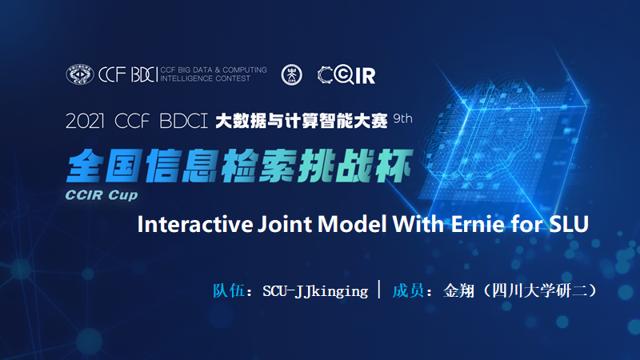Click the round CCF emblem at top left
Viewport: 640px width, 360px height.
pyautogui.click(x=80, y=74)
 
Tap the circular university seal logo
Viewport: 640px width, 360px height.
pyautogui.click(x=292, y=74)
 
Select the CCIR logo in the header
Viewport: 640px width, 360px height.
pyautogui.click(x=346, y=74)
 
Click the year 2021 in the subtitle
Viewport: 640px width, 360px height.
pyautogui.click(x=86, y=122)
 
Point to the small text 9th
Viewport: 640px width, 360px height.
pyautogui.click(x=403, y=119)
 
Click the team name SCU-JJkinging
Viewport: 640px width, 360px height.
pyautogui.click(x=315, y=290)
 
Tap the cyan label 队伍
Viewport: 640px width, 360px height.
pyautogui.click(x=226, y=290)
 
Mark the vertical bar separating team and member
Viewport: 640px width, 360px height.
pyautogui.click(x=378, y=289)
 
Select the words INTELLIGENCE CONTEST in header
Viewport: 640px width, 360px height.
pyautogui.click(x=205, y=78)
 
